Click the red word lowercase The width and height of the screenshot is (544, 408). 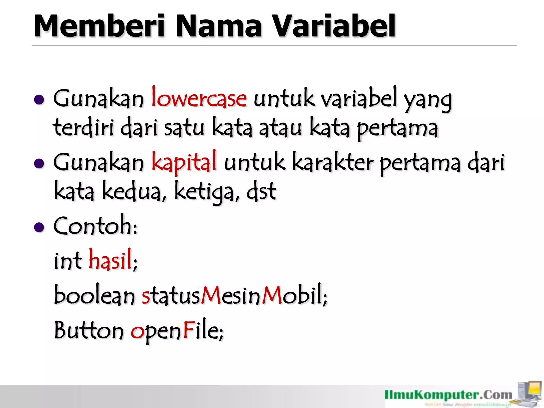(199, 98)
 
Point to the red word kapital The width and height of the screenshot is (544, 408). (184, 161)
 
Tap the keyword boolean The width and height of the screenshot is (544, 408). (95, 295)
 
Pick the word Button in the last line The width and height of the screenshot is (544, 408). (89, 330)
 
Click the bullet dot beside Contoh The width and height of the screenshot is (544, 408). (39, 227)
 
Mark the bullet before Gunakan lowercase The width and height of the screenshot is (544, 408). (39, 100)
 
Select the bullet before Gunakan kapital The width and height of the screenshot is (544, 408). (39, 164)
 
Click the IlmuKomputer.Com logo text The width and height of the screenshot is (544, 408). (448, 395)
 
